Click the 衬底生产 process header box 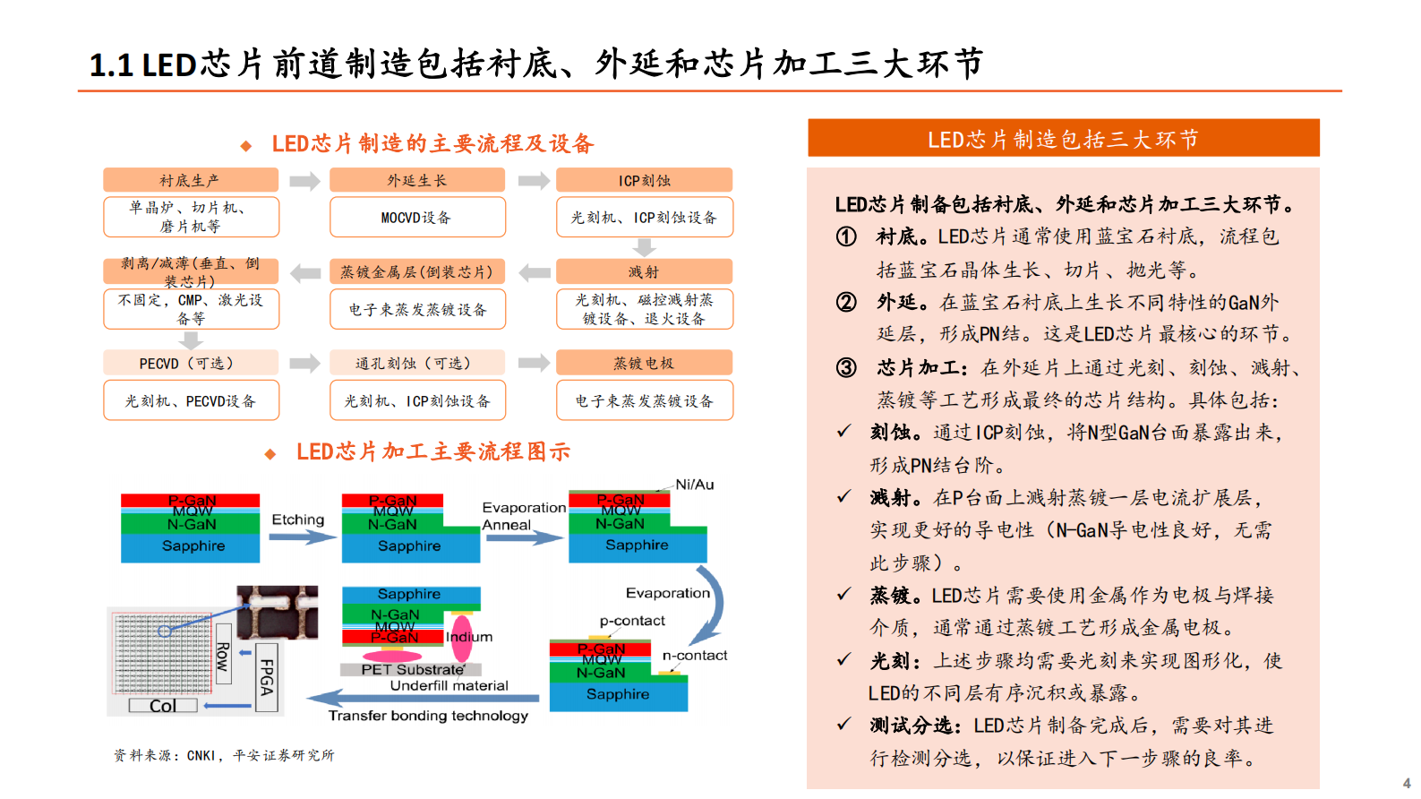point(191,180)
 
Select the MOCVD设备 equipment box point(417,218)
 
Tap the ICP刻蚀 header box point(644,180)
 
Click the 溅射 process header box point(644,271)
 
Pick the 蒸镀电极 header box point(644,363)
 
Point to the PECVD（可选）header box point(191,363)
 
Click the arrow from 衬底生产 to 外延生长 point(304,182)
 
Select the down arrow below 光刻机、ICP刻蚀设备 point(644,247)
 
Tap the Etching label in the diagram point(298,520)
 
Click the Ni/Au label point(694,485)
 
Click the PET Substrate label point(412,669)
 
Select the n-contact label point(695,656)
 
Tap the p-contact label point(632,621)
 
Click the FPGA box point(266,677)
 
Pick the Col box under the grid point(163,706)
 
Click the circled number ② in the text point(846,302)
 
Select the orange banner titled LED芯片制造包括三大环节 point(1063,139)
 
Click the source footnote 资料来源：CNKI point(224,755)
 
